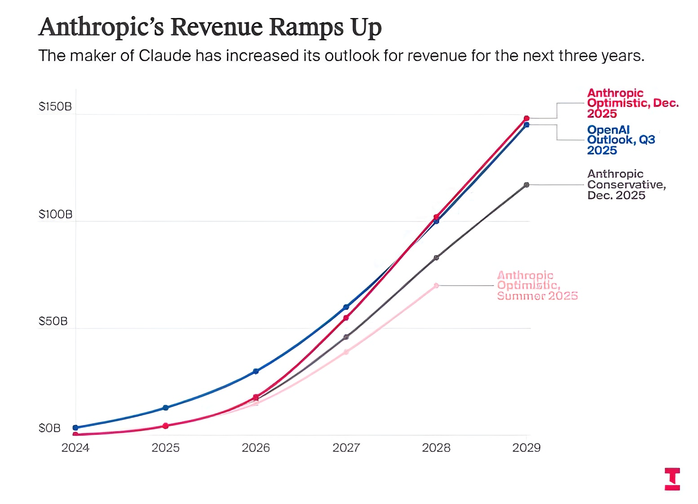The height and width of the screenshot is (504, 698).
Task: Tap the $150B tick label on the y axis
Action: coord(55,106)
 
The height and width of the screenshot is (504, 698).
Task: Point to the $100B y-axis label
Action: coord(55,214)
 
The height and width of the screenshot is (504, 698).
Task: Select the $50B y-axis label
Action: coord(53,321)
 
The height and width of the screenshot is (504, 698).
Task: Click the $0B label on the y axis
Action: coord(49,428)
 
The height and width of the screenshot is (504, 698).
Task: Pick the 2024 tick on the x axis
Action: coord(75,448)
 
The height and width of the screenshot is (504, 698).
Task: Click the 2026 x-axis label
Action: coord(256,448)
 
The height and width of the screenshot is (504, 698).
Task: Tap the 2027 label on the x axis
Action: coord(346,448)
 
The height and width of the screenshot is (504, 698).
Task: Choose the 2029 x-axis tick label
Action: coord(526,448)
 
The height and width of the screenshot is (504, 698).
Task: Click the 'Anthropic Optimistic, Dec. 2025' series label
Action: coord(632,103)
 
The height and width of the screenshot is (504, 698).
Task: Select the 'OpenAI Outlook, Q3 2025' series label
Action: coord(621,140)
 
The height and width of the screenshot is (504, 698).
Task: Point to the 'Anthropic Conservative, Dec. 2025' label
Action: coord(626,185)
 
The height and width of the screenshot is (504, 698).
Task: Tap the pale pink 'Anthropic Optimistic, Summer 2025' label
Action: coord(537,285)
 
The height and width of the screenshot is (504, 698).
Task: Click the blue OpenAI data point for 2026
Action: coord(256,371)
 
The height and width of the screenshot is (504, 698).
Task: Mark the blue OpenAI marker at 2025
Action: coord(165,407)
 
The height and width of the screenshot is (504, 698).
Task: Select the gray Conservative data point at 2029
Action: coord(526,185)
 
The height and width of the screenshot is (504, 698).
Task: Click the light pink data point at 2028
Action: coord(436,285)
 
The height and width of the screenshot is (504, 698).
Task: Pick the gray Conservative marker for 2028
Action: coord(436,257)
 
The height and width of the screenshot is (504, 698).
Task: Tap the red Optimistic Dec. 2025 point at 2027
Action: coord(346,318)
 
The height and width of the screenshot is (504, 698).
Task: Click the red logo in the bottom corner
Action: coord(672,479)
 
